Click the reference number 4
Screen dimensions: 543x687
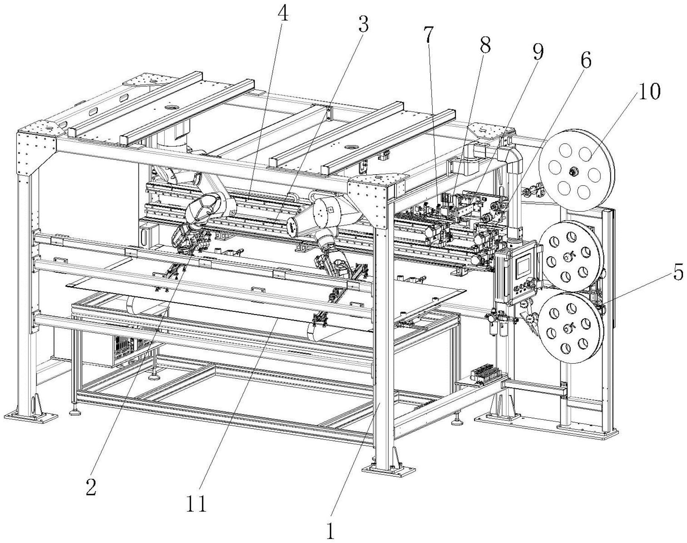click(283, 14)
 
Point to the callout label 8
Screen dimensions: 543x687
click(485, 45)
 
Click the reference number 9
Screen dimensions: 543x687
click(538, 53)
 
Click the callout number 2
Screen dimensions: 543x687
click(91, 487)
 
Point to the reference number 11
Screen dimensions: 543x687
click(197, 505)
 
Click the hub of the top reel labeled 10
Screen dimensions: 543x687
click(572, 171)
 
